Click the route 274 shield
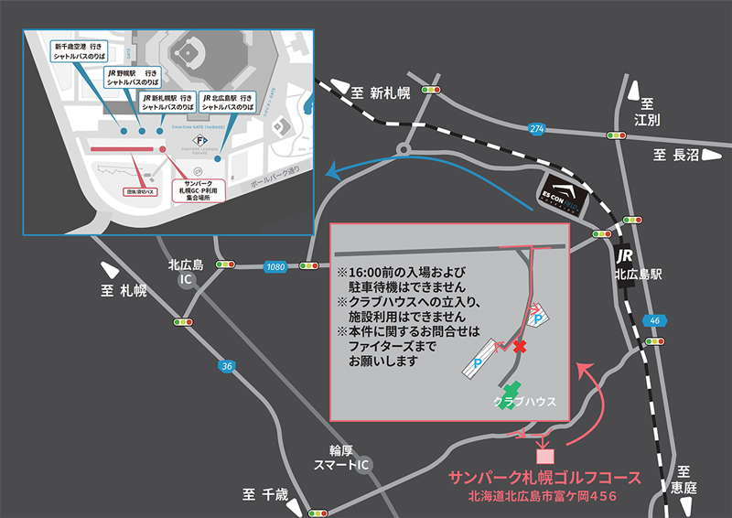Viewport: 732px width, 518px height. click(536, 128)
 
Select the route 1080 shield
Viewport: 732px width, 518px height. click(275, 266)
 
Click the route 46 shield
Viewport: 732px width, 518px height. click(653, 320)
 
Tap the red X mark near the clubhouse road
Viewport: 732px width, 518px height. click(520, 348)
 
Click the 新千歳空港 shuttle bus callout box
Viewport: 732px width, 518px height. click(83, 51)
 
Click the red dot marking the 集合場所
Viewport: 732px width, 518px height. click(163, 149)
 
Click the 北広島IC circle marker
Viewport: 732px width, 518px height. click(187, 283)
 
